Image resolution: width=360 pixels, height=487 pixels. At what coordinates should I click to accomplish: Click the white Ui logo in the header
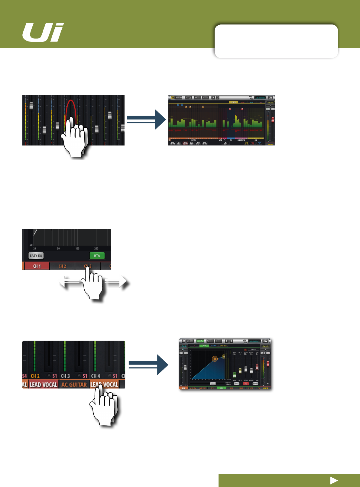tap(43, 32)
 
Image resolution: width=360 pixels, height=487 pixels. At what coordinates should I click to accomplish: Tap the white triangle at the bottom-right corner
tap(334, 480)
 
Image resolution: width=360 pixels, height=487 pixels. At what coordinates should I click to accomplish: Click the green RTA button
tap(97, 256)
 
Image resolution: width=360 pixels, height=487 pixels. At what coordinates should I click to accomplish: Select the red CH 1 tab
tap(37, 266)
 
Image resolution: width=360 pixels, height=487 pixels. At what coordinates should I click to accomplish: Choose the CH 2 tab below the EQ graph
tap(62, 266)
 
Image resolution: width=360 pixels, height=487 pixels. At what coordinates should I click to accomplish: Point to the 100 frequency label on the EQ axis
tap(77, 248)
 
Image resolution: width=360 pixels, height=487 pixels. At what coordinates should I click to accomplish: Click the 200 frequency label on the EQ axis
tap(96, 248)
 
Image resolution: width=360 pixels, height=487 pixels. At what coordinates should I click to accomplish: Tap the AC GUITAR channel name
tap(74, 384)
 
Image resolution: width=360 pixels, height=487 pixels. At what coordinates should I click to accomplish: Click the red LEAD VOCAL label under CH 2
tap(44, 384)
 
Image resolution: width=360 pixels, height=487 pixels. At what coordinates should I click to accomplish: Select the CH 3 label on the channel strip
tap(65, 376)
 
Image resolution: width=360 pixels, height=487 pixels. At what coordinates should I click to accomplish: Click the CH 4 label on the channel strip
tap(96, 376)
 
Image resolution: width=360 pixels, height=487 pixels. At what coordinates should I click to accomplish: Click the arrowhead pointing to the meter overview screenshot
tap(160, 119)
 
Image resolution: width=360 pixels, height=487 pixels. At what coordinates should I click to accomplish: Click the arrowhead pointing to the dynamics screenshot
tap(163, 365)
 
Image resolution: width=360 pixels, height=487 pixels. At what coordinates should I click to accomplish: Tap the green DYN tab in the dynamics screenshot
tap(204, 346)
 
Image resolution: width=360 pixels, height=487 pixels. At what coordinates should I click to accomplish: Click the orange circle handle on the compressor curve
tap(215, 359)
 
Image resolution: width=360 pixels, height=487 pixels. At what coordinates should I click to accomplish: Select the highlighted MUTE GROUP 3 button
tap(185, 143)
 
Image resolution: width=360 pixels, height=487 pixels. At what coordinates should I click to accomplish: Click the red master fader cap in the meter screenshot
tap(273, 119)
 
